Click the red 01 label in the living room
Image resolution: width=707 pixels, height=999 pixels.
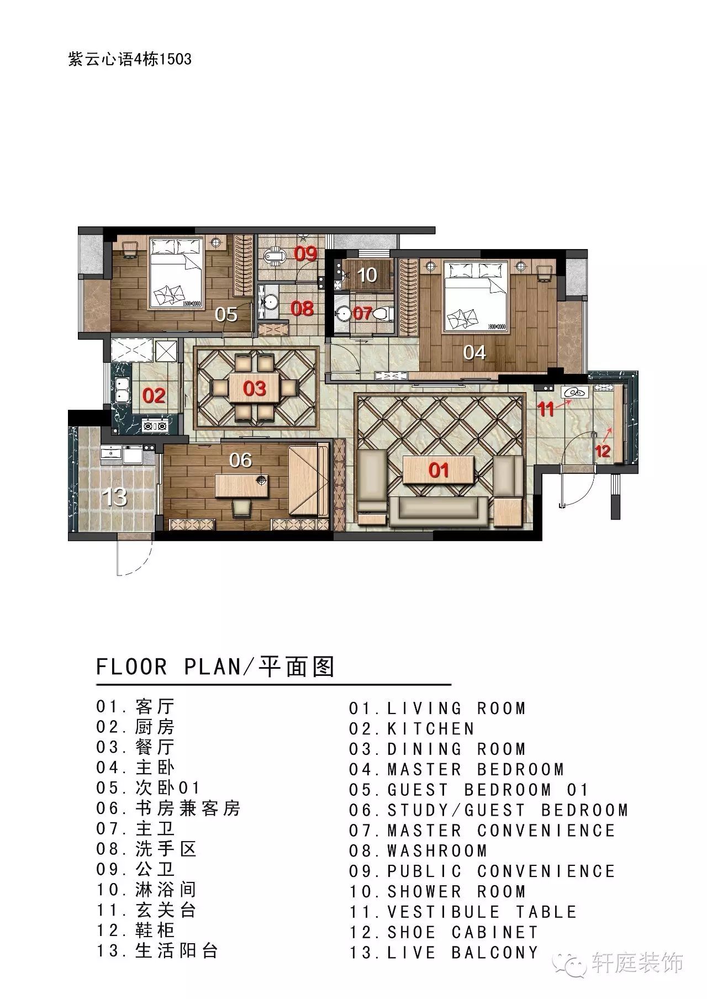click(x=439, y=470)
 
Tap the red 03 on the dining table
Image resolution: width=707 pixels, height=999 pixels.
click(x=255, y=388)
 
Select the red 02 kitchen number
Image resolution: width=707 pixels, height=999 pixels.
click(x=154, y=395)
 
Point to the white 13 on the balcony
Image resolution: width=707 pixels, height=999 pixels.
click(x=115, y=497)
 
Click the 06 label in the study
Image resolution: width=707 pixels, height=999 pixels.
click(x=241, y=459)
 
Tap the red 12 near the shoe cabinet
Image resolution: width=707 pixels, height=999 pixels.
click(x=603, y=451)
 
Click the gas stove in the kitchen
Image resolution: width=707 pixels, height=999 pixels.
click(x=155, y=426)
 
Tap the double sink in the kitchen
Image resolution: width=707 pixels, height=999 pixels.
click(x=122, y=388)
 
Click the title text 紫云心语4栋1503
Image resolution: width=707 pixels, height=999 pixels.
click(x=130, y=59)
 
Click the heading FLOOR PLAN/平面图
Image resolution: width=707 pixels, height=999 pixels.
click(x=215, y=667)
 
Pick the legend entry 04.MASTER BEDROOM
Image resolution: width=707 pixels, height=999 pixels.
click(x=456, y=769)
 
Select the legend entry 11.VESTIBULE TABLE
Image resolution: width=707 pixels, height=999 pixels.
click(x=463, y=912)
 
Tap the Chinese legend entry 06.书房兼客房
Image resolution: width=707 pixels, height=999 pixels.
click(x=168, y=808)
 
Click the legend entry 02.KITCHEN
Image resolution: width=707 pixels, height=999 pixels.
click(x=411, y=729)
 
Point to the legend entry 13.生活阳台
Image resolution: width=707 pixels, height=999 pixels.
click(x=157, y=951)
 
